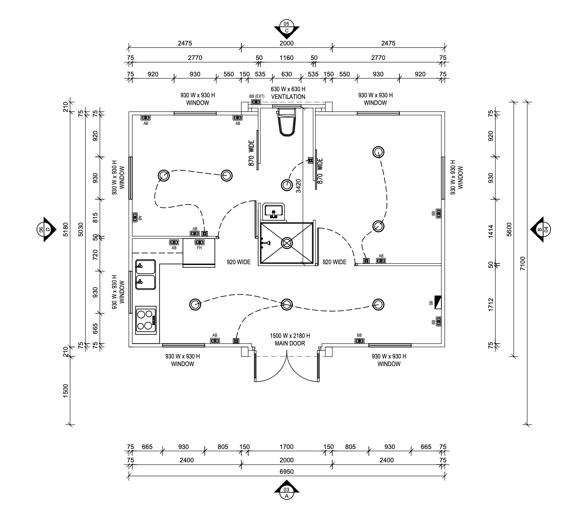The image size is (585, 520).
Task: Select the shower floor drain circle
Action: [x=287, y=243]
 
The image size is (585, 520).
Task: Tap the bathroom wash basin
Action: [x=273, y=211]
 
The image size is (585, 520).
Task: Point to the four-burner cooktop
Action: [x=146, y=320]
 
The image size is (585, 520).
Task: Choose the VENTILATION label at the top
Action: [x=288, y=97]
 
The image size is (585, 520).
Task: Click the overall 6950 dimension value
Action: [x=286, y=472]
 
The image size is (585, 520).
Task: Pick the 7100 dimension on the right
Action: [x=523, y=263]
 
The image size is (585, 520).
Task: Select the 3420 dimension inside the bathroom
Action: [x=299, y=187]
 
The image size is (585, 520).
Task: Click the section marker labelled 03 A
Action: [x=286, y=493]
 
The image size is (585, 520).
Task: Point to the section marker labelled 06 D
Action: [x=44, y=229]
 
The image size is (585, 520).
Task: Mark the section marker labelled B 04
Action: [x=542, y=229]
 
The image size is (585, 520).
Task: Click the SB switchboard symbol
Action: [x=438, y=302]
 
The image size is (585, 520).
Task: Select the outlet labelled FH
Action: [x=199, y=242]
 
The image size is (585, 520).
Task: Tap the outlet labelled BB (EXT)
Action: [x=256, y=102]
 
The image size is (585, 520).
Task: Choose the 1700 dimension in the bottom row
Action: [x=286, y=447]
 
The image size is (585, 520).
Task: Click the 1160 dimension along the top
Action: [x=286, y=58]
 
